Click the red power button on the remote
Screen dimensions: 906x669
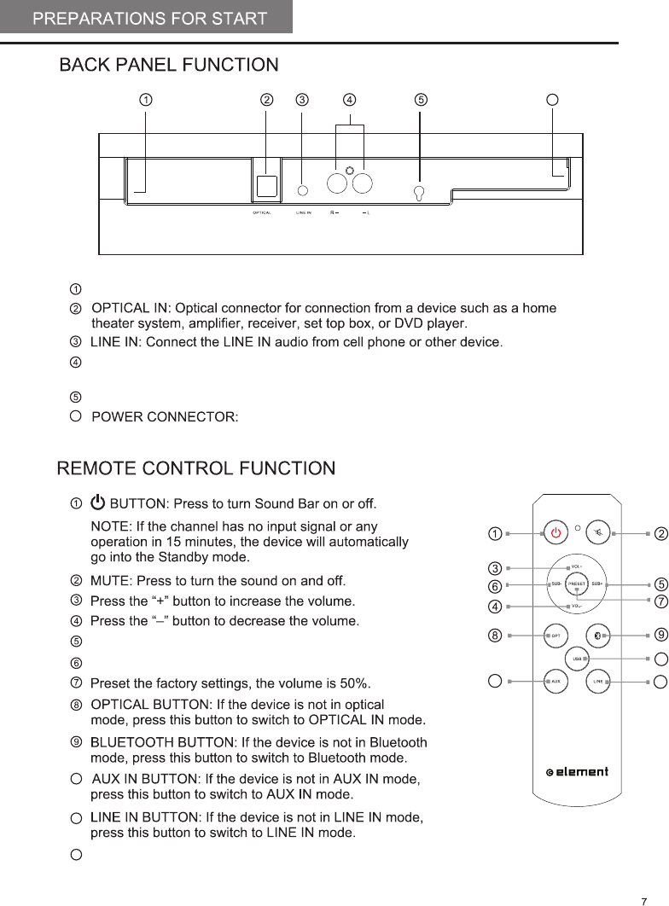click(x=556, y=533)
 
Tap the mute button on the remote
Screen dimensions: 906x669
click(x=601, y=533)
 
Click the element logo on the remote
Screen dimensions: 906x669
click(x=577, y=771)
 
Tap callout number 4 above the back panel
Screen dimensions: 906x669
click(x=350, y=99)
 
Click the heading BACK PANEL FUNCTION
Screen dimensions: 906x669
click(x=169, y=65)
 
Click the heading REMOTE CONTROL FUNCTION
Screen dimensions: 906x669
click(x=195, y=468)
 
